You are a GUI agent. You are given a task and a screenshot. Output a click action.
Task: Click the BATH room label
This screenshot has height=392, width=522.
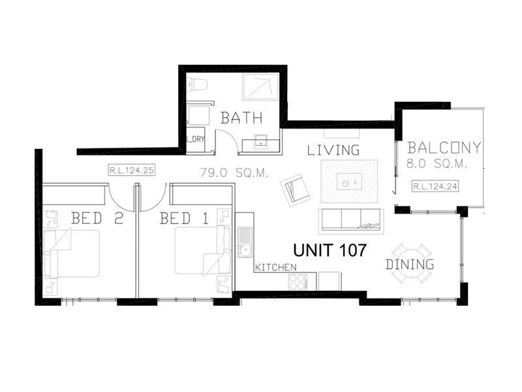(241, 118)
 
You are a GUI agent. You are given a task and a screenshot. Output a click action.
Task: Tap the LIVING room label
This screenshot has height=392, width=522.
(333, 150)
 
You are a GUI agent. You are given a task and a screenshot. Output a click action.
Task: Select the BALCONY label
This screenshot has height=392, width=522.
(444, 148)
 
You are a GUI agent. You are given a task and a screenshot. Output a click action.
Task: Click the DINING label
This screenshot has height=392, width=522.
(410, 265)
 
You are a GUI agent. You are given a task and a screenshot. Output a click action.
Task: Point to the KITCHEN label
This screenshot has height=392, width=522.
(276, 267)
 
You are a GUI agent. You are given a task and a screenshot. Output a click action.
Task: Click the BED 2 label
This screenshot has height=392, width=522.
(97, 218)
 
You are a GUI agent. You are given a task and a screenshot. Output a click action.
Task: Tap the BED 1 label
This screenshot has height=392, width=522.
(184, 218)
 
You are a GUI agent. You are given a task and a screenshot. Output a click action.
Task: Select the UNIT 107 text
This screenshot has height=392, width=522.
(329, 250)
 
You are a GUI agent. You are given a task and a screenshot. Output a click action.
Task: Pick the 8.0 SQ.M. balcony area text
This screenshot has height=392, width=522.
(437, 165)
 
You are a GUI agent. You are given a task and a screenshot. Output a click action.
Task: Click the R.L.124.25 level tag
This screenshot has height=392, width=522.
(132, 171)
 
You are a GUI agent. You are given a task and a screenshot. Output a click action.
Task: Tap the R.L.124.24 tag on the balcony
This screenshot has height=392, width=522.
(435, 187)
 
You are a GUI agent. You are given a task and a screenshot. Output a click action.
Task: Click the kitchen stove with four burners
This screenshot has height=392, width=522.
(298, 281)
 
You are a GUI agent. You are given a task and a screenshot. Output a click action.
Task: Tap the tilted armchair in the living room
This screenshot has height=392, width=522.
(295, 189)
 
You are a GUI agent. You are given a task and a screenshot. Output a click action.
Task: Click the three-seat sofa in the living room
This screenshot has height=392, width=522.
(351, 220)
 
